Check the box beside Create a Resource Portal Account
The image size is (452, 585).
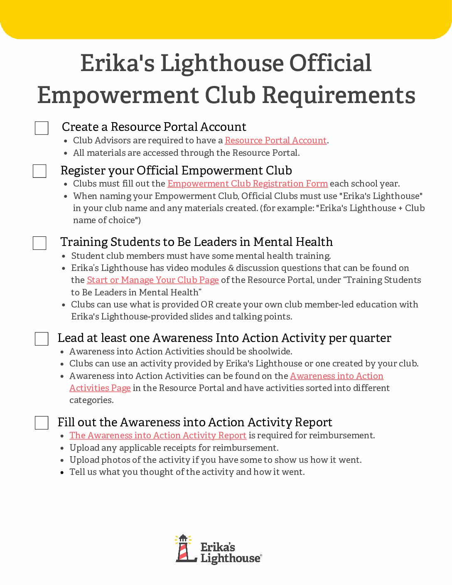coord(42,128)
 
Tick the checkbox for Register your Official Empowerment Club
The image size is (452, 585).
coord(39,171)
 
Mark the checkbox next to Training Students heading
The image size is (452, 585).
coord(39,243)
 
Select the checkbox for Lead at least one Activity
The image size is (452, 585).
coord(42,339)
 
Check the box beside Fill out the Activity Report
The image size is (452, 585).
coord(42,423)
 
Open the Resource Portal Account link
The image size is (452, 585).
coord(275,140)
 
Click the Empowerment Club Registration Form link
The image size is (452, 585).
coord(248,184)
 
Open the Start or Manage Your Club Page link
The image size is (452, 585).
coord(152,280)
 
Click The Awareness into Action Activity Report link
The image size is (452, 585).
coord(158,435)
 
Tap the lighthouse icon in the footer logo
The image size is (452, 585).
coord(184,548)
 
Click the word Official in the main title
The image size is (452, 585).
coord(330,63)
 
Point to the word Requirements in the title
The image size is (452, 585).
coord(339,95)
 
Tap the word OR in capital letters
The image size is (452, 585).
coord(207,305)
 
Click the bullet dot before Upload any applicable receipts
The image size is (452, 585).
coord(62,448)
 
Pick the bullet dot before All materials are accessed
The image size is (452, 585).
coord(66,153)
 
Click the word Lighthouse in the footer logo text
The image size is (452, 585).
coord(230,558)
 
